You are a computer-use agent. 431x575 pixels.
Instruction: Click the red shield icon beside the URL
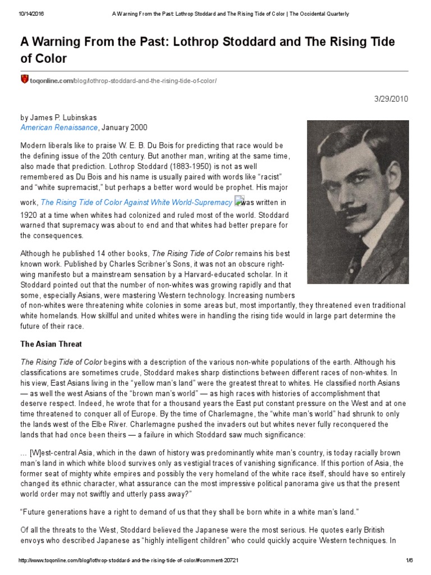[24, 79]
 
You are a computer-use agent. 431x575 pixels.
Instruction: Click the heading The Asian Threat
[52, 343]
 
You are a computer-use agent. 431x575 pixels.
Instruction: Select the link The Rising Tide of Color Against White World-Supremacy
[136, 202]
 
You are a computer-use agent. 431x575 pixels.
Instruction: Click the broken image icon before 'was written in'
[239, 201]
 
